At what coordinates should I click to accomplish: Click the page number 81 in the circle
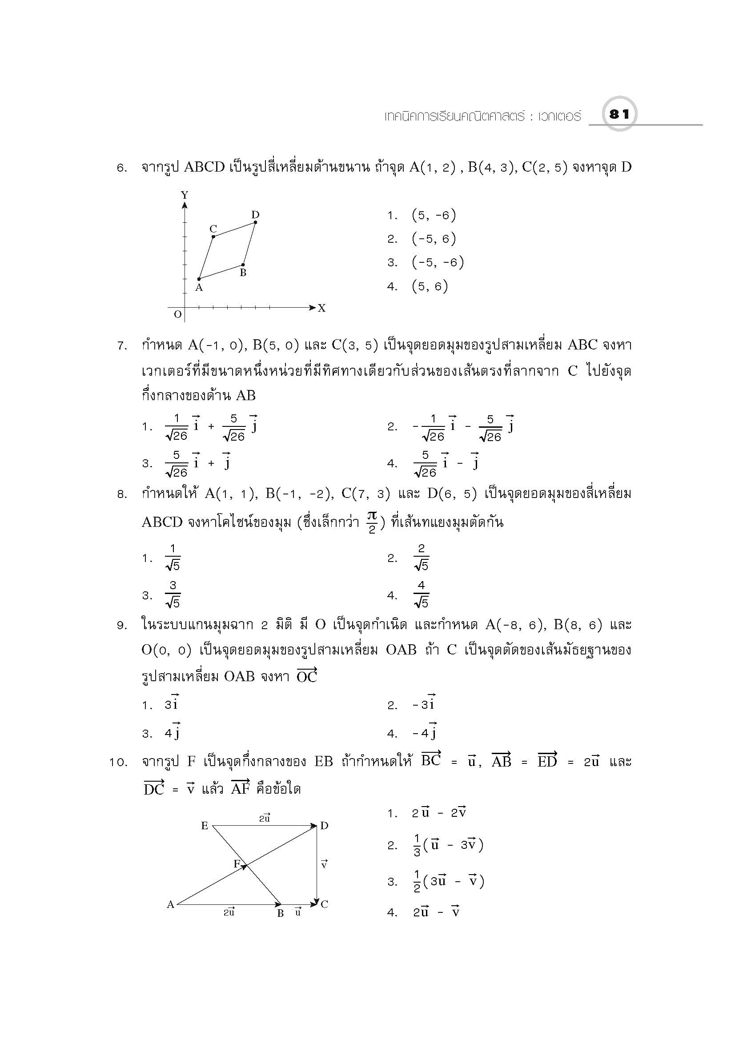tap(619, 114)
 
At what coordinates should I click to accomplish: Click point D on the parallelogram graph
tap(255, 222)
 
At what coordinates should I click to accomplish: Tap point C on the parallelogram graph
tap(213, 236)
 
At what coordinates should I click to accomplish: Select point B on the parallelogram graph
tap(243, 265)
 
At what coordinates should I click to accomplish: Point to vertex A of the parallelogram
tap(199, 279)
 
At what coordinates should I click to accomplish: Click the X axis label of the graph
tap(321, 309)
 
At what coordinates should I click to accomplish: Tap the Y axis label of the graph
tap(185, 195)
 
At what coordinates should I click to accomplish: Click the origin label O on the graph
tap(177, 314)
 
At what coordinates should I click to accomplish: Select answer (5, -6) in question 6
tap(434, 215)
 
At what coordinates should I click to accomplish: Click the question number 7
tap(122, 346)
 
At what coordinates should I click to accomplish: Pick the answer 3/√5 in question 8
tap(173, 595)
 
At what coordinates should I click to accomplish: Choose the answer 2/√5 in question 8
tap(421, 558)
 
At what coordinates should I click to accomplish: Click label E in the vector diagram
tap(205, 826)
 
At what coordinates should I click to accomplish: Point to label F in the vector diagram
tap(237, 863)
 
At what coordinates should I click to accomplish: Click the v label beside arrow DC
tap(324, 865)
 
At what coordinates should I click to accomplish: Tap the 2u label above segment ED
tap(265, 818)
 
